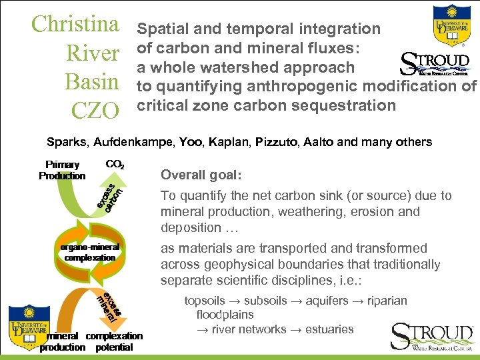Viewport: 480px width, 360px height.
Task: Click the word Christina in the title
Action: click(75, 24)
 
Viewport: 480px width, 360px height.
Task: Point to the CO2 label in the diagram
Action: click(116, 163)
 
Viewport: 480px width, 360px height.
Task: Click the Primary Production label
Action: click(62, 170)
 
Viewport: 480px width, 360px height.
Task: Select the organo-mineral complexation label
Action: click(91, 252)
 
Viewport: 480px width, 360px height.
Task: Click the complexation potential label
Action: click(114, 341)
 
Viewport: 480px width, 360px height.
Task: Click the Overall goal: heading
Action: click(201, 175)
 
